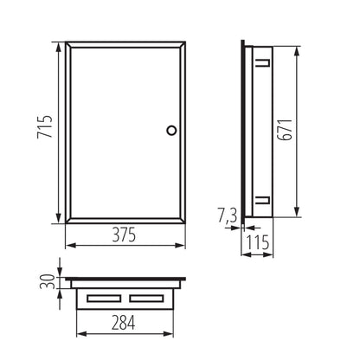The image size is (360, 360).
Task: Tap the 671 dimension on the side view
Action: (x=309, y=132)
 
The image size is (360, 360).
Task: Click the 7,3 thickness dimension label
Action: (x=227, y=213)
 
